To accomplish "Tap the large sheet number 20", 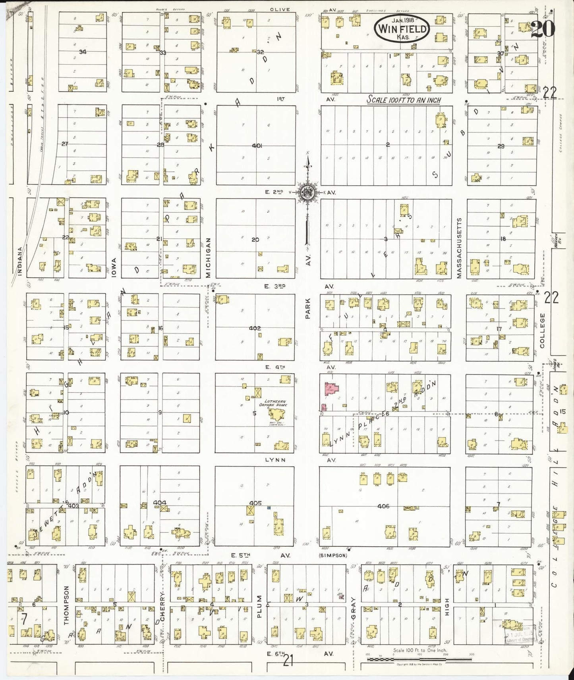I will [x=543, y=29].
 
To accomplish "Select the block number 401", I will [x=257, y=146].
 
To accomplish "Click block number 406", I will [x=383, y=506].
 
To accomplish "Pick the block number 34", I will [x=82, y=52].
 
